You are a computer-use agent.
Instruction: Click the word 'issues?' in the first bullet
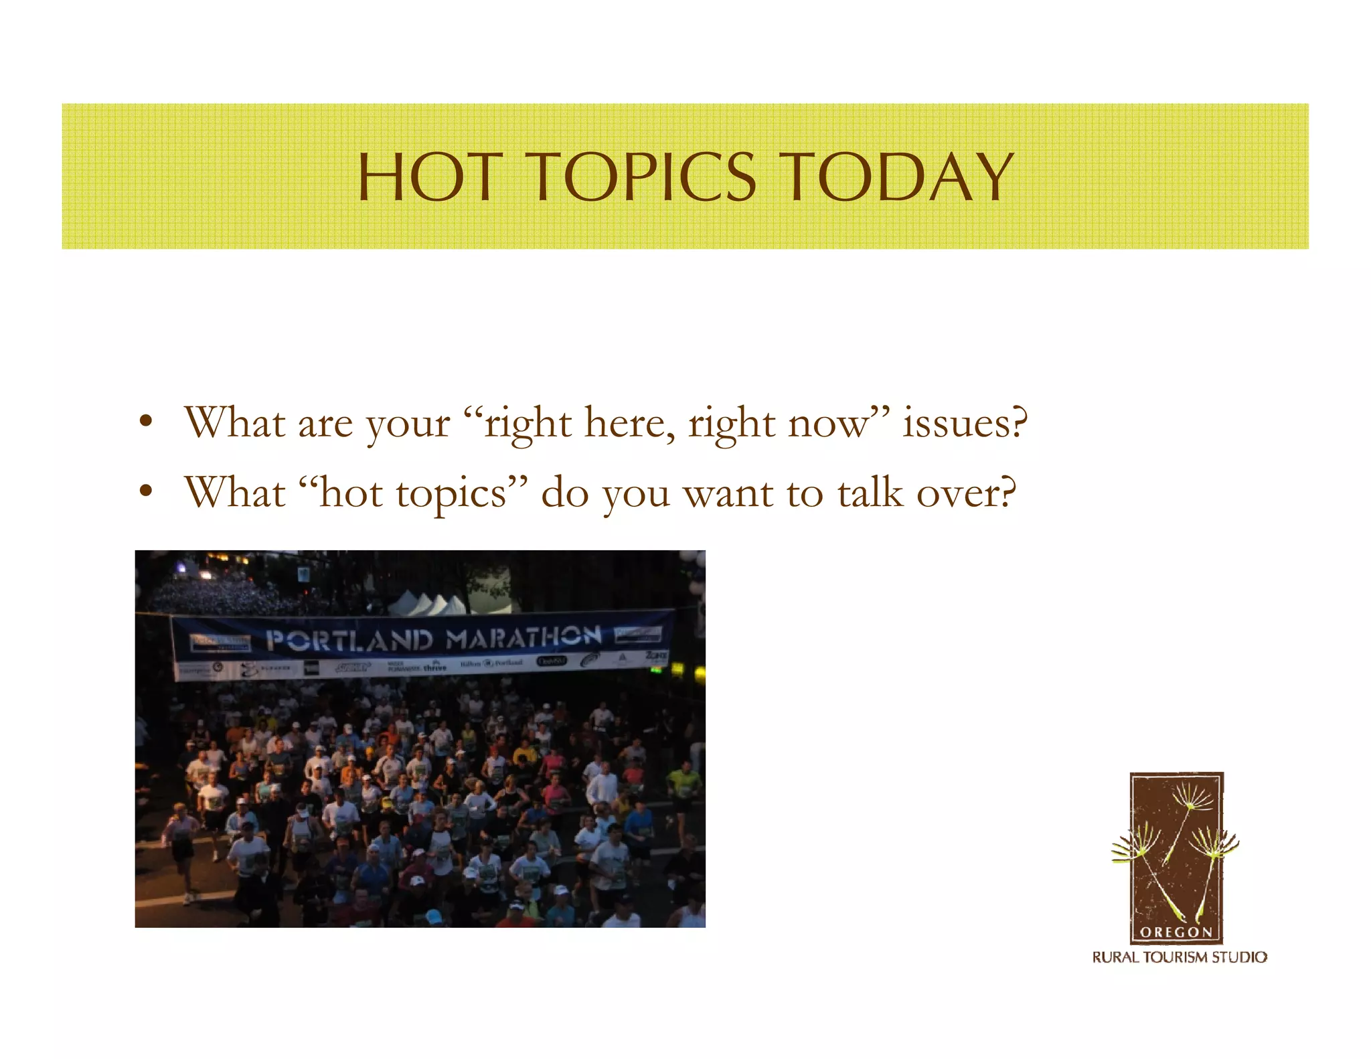click(x=965, y=423)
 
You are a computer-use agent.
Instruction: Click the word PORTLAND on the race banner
click(x=349, y=640)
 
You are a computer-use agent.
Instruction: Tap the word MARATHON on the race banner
click(x=523, y=637)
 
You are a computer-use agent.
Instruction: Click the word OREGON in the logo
click(x=1176, y=932)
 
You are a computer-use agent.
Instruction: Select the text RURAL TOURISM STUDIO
click(x=1180, y=957)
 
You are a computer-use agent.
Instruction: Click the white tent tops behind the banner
click(x=428, y=604)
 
